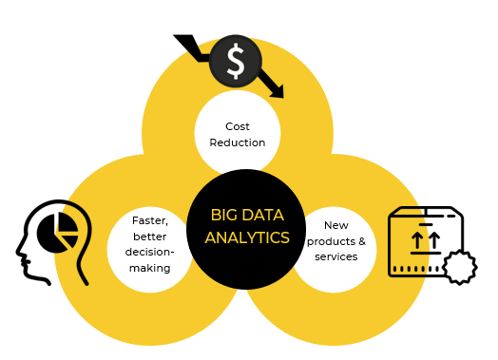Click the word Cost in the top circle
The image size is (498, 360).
238,126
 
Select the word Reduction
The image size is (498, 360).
238,142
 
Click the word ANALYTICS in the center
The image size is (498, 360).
247,237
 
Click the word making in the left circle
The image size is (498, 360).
150,268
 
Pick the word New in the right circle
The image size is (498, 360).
335,225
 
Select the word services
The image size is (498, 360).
335,256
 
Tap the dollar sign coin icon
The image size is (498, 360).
235,61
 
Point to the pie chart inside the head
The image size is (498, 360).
58,229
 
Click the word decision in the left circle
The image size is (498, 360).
147,253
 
